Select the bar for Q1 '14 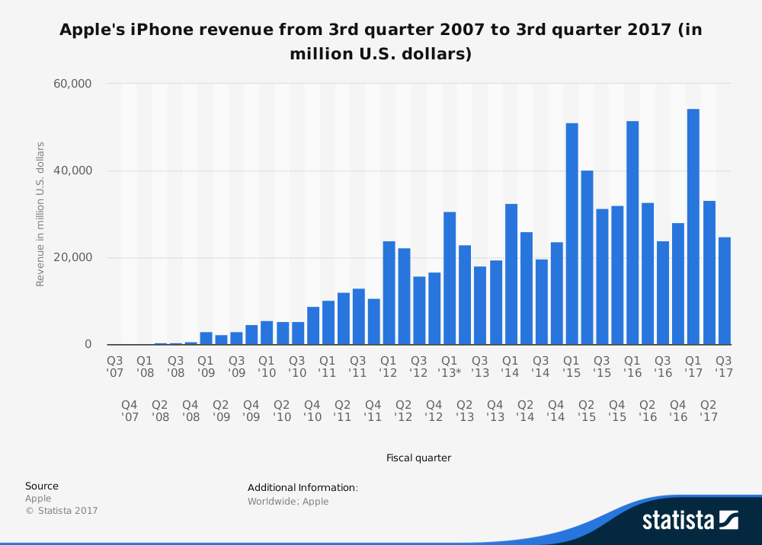(x=511, y=274)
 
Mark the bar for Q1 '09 (x=206, y=338)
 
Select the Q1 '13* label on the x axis (x=450, y=366)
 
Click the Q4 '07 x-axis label (x=130, y=411)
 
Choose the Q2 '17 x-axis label (x=709, y=411)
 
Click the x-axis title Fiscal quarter (x=418, y=458)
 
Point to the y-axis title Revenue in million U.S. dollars (x=40, y=214)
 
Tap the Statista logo (x=690, y=520)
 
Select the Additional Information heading (x=303, y=488)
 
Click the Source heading (x=42, y=486)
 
